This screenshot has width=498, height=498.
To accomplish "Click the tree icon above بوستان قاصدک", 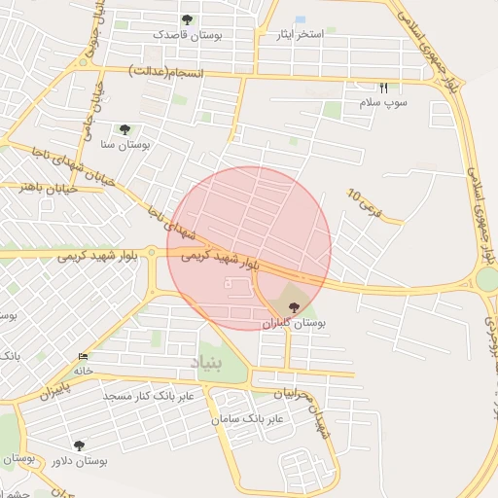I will (187, 19).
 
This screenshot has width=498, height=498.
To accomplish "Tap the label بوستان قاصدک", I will (188, 34).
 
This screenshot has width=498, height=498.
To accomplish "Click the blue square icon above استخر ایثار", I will (300, 19).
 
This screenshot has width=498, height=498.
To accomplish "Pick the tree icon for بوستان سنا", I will (124, 128).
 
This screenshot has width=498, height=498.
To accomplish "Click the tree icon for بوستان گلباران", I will (296, 307).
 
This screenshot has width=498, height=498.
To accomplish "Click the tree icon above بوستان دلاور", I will (79, 445).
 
